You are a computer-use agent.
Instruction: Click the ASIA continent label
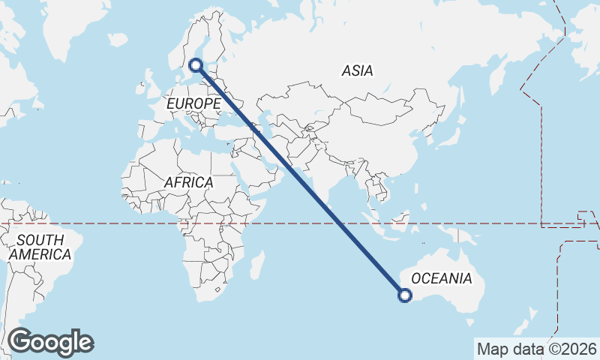coord(357,71)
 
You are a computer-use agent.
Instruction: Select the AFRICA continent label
coord(188,182)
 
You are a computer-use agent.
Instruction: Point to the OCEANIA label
coord(442,279)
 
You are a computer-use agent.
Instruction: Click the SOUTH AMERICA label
coord(40,247)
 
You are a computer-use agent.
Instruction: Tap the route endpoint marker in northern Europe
coord(196,65)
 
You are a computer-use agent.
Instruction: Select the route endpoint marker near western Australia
coord(405,295)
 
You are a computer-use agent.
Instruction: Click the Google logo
coord(50,342)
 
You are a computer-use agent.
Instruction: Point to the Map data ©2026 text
coord(536,349)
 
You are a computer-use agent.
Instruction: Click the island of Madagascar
coord(257,265)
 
